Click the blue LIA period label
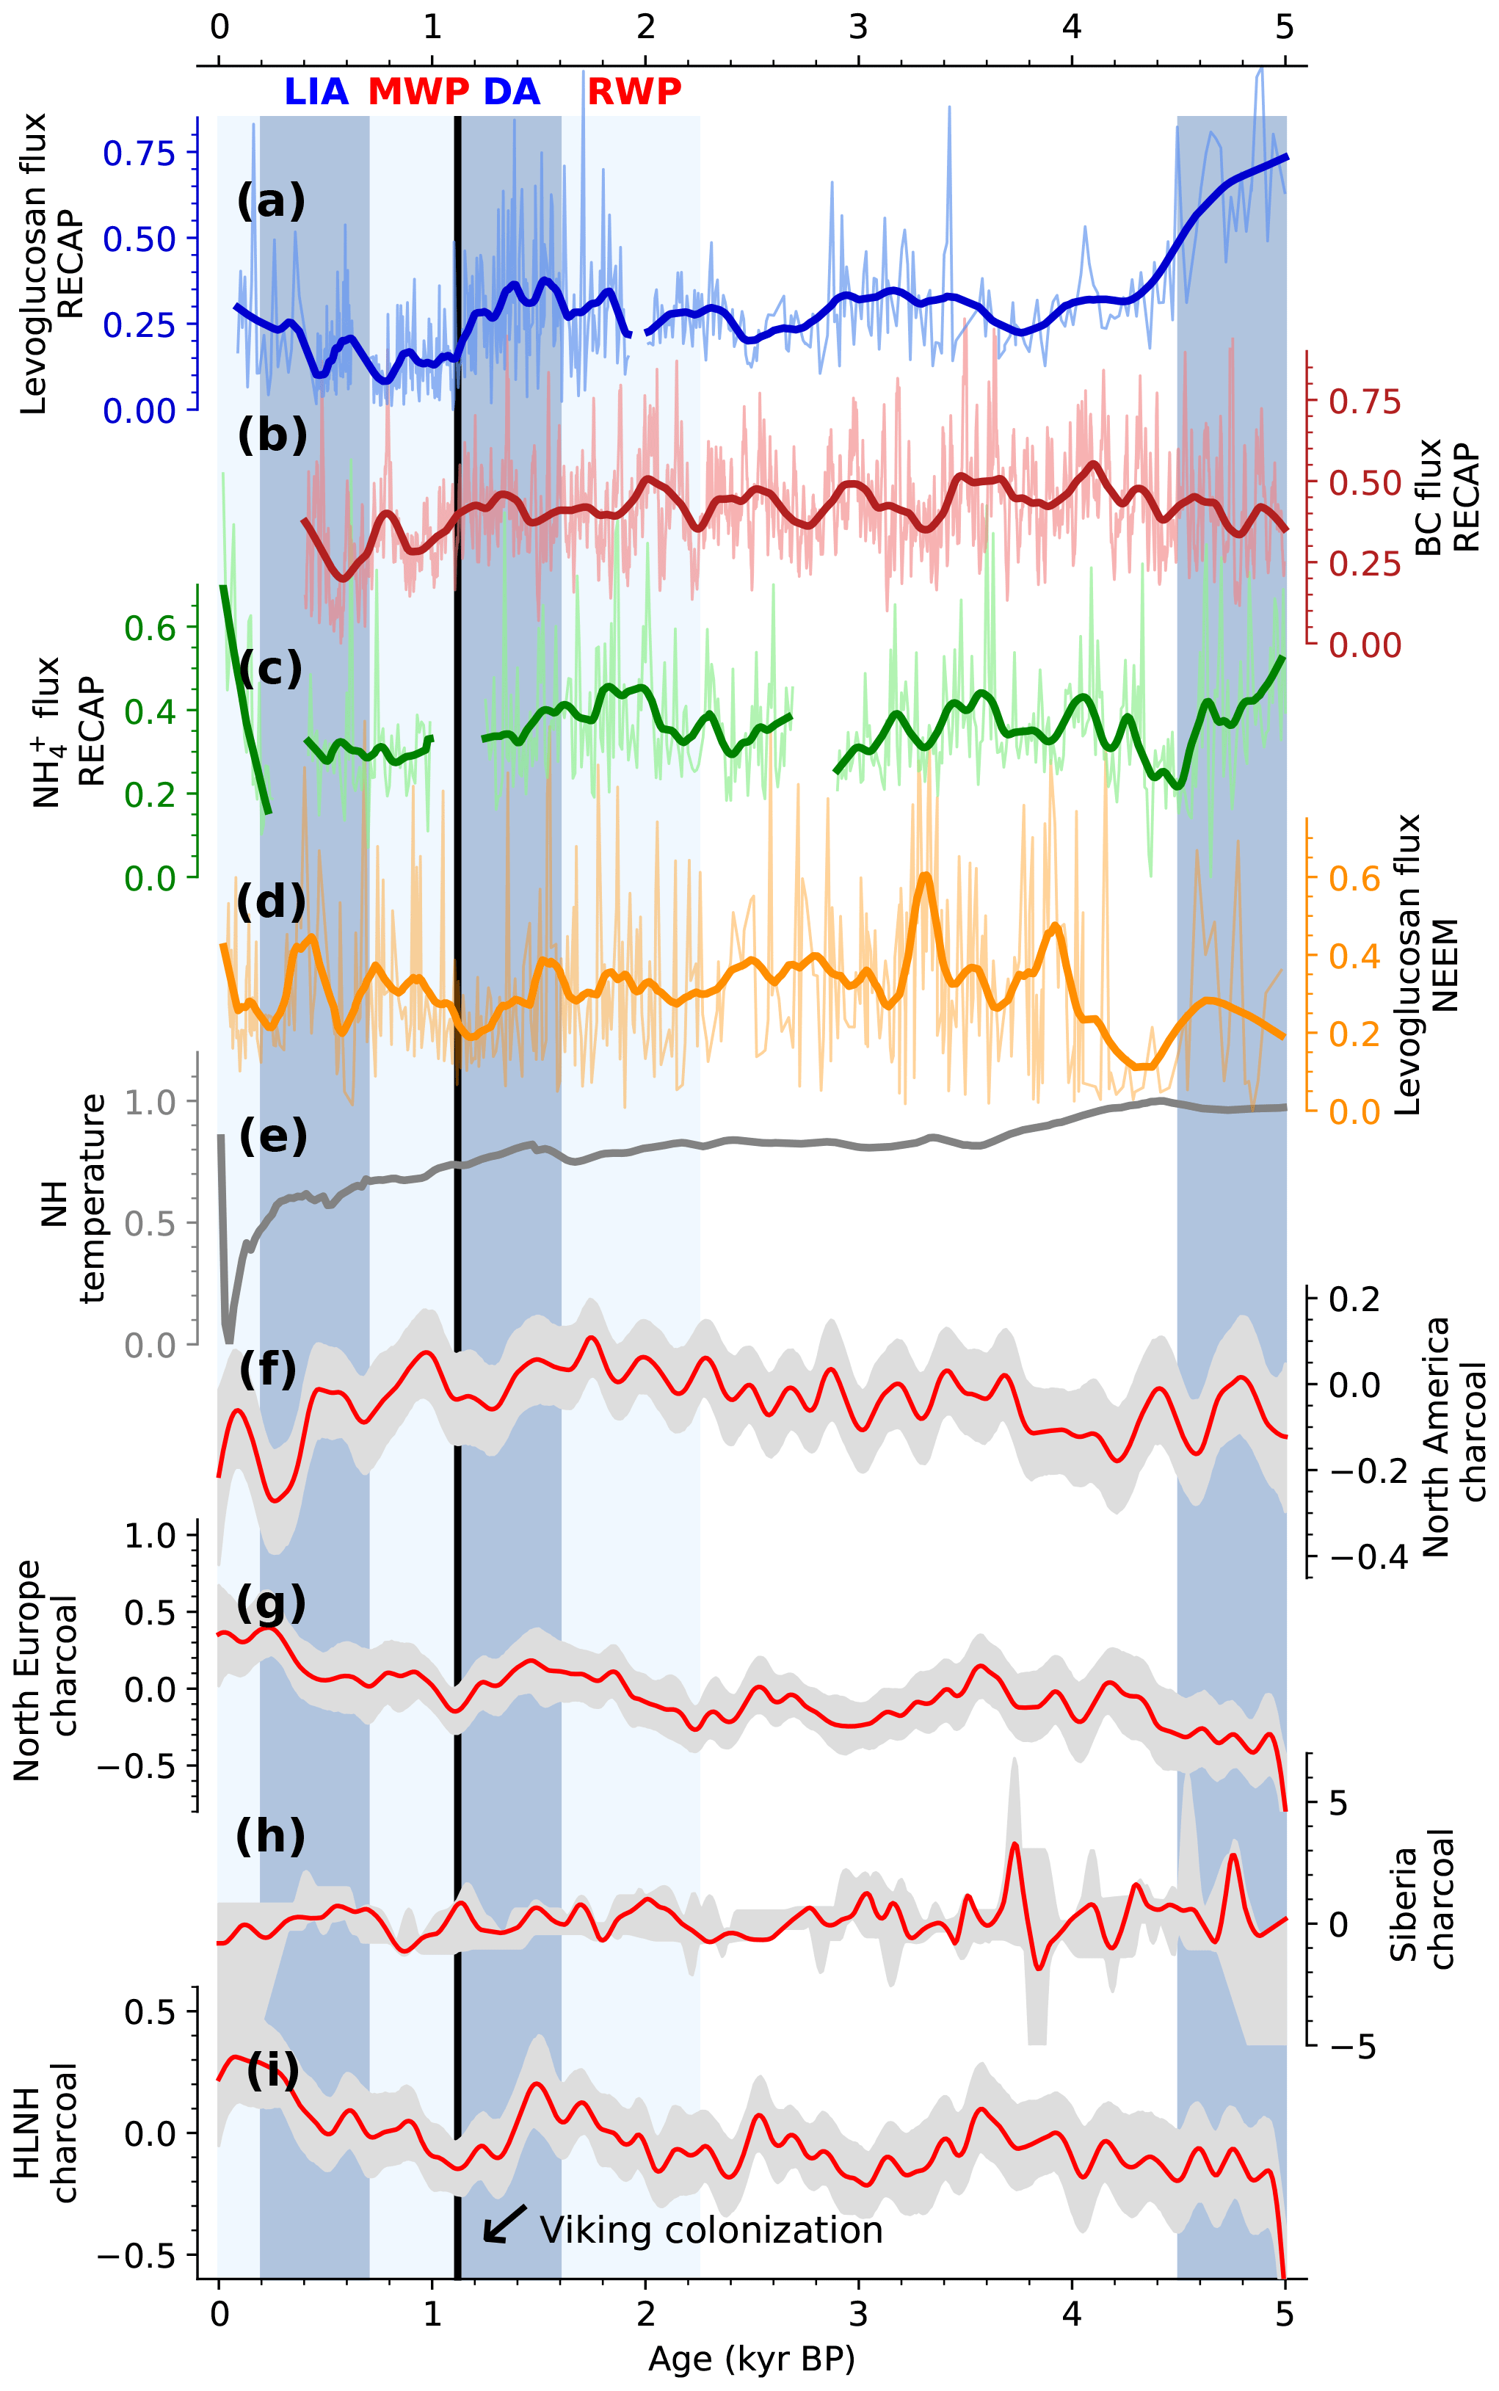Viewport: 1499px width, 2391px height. pyautogui.click(x=316, y=92)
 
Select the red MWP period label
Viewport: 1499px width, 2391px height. pyautogui.click(x=418, y=92)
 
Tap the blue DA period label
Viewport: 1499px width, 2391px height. pyautogui.click(x=512, y=92)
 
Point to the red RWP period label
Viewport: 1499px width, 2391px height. pyautogui.click(x=634, y=92)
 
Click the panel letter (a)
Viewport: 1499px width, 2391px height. pyautogui.click(x=271, y=201)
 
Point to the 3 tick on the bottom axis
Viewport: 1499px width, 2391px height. pyautogui.click(x=859, y=2315)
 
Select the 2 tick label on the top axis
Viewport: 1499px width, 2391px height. pyautogui.click(x=645, y=26)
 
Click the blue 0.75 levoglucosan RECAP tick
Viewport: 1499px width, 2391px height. pyautogui.click(x=139, y=153)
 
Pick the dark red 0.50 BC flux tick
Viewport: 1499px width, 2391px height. pyautogui.click(x=1365, y=484)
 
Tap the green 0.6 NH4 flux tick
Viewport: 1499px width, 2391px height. pyautogui.click(x=150, y=628)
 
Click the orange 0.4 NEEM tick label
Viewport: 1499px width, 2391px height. pyautogui.click(x=1354, y=957)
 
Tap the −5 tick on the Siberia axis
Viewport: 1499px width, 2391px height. pyautogui.click(x=1352, y=2047)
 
